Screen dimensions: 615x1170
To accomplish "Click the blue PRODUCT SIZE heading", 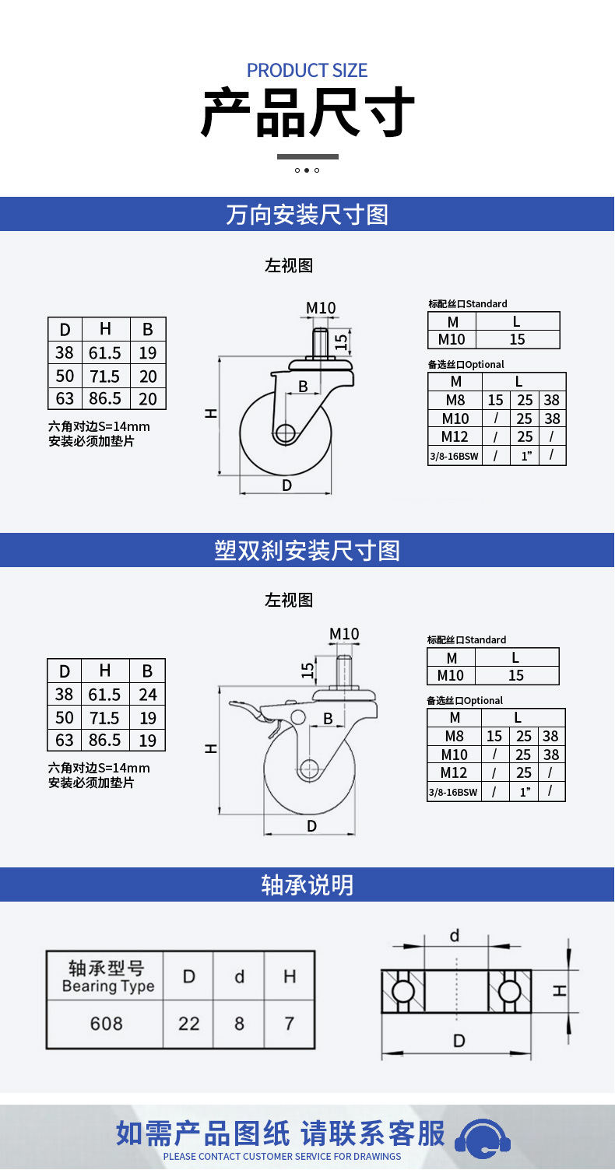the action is (307, 71).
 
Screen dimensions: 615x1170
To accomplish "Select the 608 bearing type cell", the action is (106, 1023).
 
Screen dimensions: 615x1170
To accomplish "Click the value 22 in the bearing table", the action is (188, 1023).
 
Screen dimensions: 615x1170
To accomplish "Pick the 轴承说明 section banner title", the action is (307, 885).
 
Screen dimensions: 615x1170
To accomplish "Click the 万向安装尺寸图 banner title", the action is (307, 215).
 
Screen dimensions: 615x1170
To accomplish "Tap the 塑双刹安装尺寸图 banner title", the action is (307, 551).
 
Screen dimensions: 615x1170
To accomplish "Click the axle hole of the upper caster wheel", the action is (285, 433).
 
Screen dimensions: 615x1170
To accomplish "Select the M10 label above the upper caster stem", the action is (321, 307).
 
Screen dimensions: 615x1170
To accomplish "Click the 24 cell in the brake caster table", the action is (147, 694).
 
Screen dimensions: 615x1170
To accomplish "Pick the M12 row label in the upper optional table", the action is (455, 436).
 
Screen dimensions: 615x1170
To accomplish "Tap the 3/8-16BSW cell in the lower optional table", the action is (453, 793).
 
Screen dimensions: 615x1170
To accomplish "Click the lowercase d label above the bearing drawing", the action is (455, 935).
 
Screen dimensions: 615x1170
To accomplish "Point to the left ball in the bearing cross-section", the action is (402, 991).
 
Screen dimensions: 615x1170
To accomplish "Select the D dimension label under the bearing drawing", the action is (459, 1041).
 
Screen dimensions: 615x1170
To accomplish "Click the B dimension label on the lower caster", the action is (328, 719).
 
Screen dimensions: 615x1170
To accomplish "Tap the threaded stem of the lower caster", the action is (344, 671).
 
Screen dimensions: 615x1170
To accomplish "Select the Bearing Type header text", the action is (108, 986).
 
